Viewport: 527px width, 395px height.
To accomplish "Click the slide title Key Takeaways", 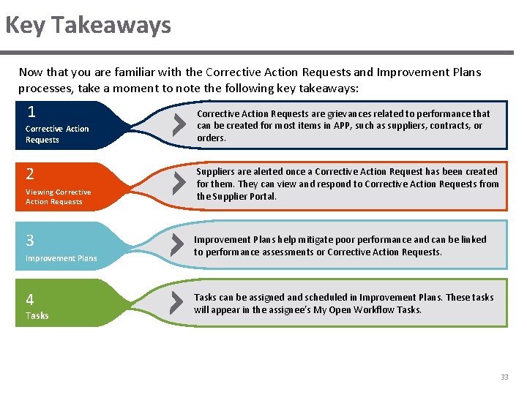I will pyautogui.click(x=88, y=26).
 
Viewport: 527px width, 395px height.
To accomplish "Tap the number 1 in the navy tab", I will pyautogui.click(x=31, y=112).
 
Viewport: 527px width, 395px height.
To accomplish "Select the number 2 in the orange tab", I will pyautogui.click(x=30, y=174).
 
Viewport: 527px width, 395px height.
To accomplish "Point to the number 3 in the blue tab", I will pyautogui.click(x=30, y=240).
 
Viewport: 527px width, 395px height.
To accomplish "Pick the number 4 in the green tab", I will pyautogui.click(x=30, y=299).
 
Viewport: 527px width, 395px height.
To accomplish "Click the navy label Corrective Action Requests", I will pyautogui.click(x=57, y=134).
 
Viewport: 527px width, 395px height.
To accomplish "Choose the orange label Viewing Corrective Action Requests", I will pyautogui.click(x=59, y=197).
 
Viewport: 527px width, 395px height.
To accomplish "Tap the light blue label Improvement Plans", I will pyautogui.click(x=61, y=258).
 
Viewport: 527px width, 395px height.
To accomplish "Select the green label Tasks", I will pyautogui.click(x=37, y=315).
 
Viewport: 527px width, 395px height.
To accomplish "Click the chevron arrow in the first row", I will pyautogui.click(x=178, y=125).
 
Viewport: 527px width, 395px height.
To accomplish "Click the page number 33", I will pyautogui.click(x=504, y=377).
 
